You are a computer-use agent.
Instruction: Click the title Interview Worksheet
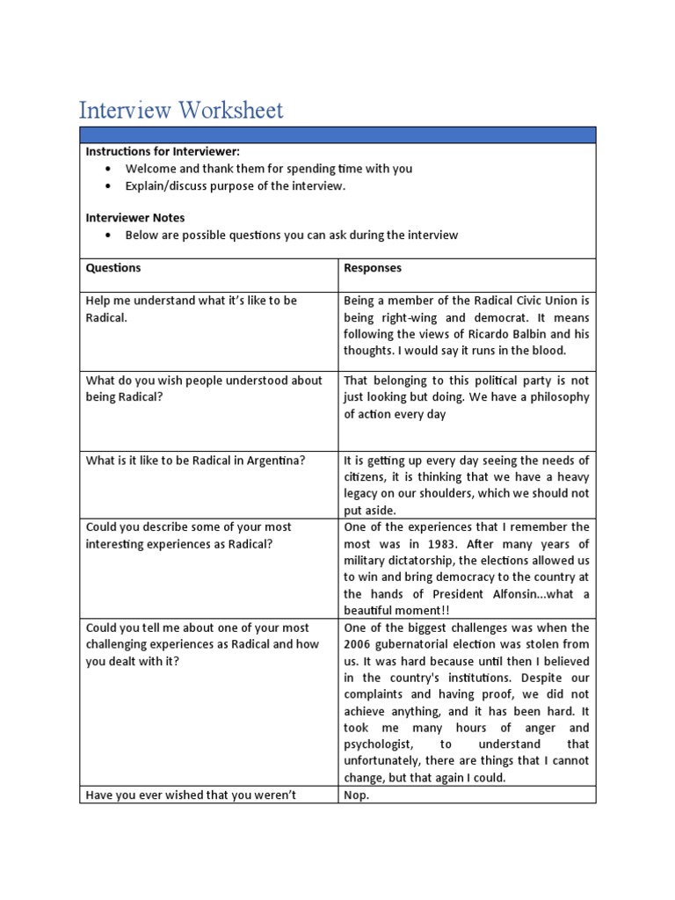coord(181,111)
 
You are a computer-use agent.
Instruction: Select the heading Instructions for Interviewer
coord(163,152)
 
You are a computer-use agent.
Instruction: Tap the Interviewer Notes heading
coord(135,218)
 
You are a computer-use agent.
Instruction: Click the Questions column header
coord(113,268)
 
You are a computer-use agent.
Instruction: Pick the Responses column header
coord(374,268)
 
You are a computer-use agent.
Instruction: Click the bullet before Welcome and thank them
coord(107,169)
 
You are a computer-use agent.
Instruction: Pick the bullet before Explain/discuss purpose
coord(107,186)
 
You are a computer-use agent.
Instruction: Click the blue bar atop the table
coord(337,134)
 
